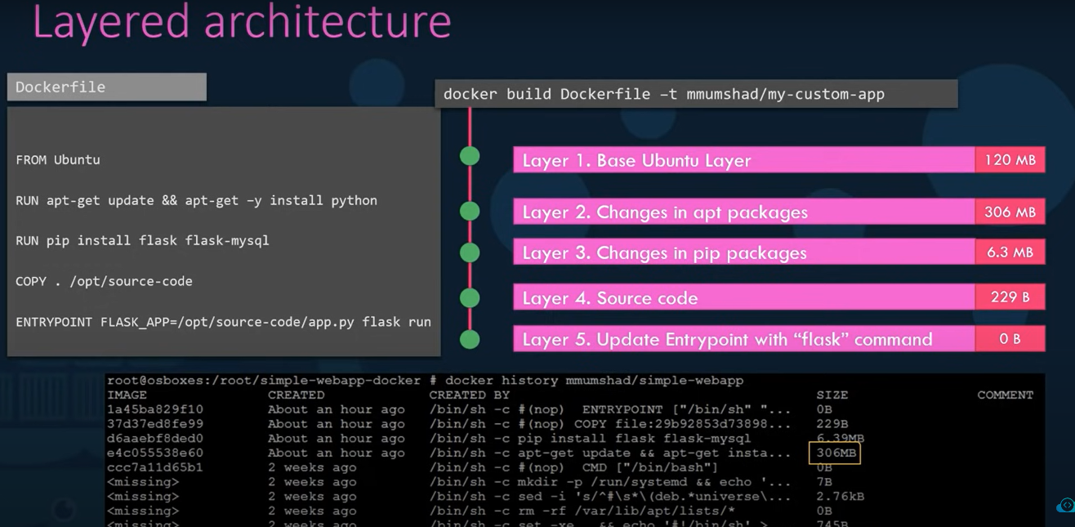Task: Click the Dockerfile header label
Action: point(106,87)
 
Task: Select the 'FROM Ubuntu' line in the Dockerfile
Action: point(58,160)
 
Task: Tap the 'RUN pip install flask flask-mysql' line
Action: point(142,241)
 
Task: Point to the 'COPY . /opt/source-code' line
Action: point(104,281)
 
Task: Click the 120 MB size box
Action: point(1010,160)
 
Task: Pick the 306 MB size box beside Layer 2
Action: point(1010,212)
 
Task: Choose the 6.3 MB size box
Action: point(1010,252)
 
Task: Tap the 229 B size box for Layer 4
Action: point(1010,297)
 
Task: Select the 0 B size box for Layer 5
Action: point(1010,339)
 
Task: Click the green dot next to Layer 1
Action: point(470,156)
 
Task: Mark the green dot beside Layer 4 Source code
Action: point(470,297)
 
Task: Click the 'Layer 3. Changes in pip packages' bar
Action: point(743,253)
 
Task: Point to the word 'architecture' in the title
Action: point(327,22)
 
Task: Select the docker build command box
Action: point(695,94)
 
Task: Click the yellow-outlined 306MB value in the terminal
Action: point(834,453)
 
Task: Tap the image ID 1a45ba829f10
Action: point(155,409)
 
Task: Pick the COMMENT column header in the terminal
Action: point(1005,395)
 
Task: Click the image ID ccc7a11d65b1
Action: point(155,467)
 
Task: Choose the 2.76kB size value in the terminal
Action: point(840,497)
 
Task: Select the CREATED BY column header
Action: point(470,395)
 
